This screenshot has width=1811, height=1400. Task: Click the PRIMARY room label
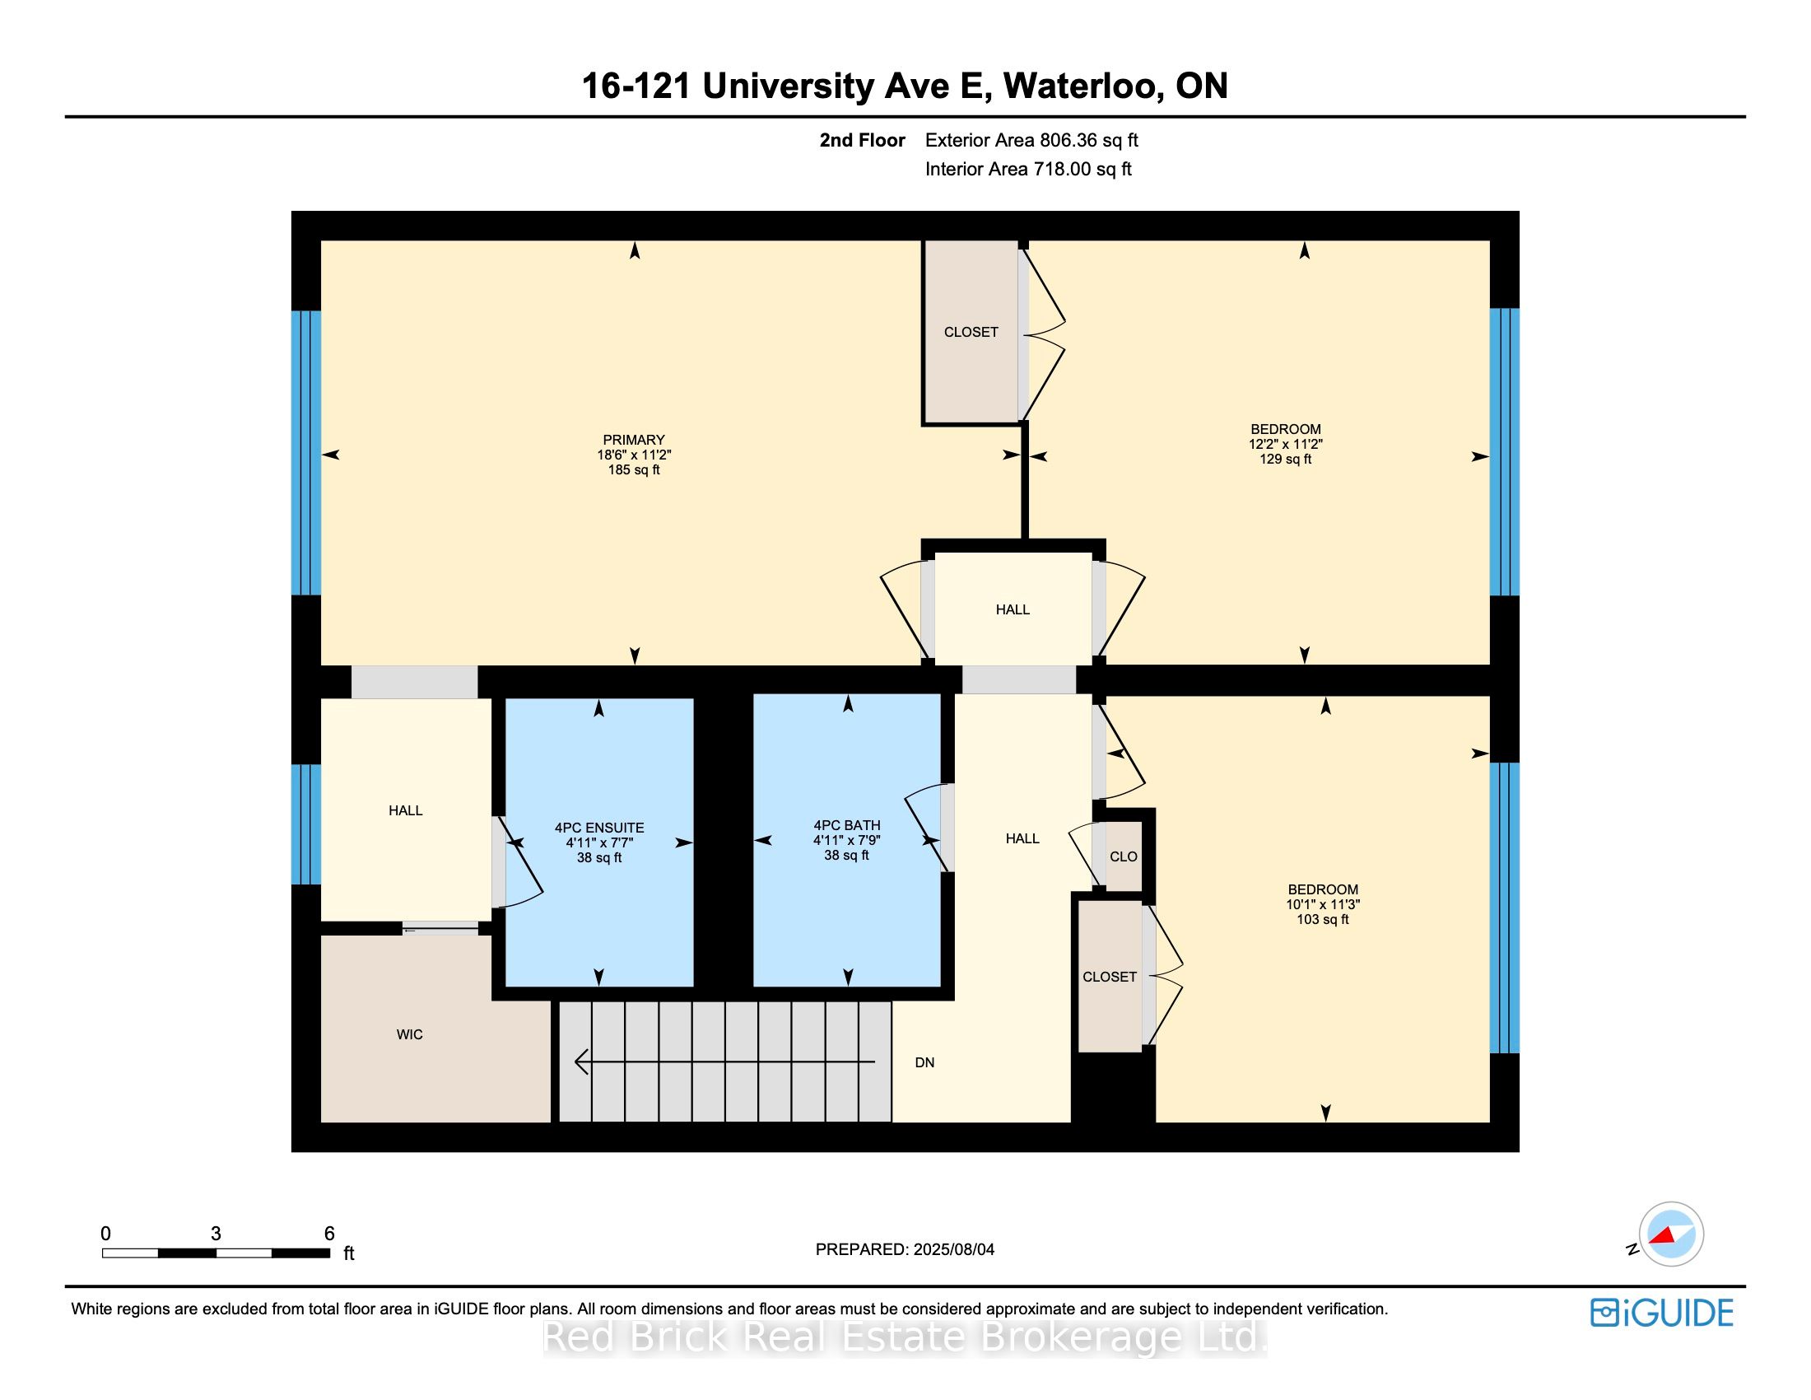[634, 441]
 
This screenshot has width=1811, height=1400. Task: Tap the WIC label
[410, 1034]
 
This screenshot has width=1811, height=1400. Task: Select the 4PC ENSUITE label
[598, 828]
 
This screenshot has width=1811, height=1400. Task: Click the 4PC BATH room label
[845, 825]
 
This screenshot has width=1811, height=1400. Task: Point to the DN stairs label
[924, 1062]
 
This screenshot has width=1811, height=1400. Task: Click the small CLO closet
[1124, 856]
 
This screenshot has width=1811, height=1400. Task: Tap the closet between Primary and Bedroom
[971, 332]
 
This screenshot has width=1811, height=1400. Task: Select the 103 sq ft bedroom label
[1323, 904]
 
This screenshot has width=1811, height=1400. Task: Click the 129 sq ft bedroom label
[1285, 444]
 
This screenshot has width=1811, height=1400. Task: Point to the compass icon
[1670, 1234]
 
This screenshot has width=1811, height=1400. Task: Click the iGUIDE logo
[1661, 1313]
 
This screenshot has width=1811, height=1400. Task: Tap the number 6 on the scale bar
[329, 1234]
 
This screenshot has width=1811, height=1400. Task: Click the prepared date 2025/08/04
[952, 1249]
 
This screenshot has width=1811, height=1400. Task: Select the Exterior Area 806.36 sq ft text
[1031, 140]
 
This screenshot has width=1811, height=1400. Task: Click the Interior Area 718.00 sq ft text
[1028, 169]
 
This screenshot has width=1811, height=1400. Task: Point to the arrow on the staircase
[721, 1062]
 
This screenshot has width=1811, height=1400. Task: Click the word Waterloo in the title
[1080, 86]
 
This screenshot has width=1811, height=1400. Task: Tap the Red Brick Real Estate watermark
[904, 1337]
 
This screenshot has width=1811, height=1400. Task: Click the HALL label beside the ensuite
[406, 810]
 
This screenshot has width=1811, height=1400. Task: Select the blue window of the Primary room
[306, 453]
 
